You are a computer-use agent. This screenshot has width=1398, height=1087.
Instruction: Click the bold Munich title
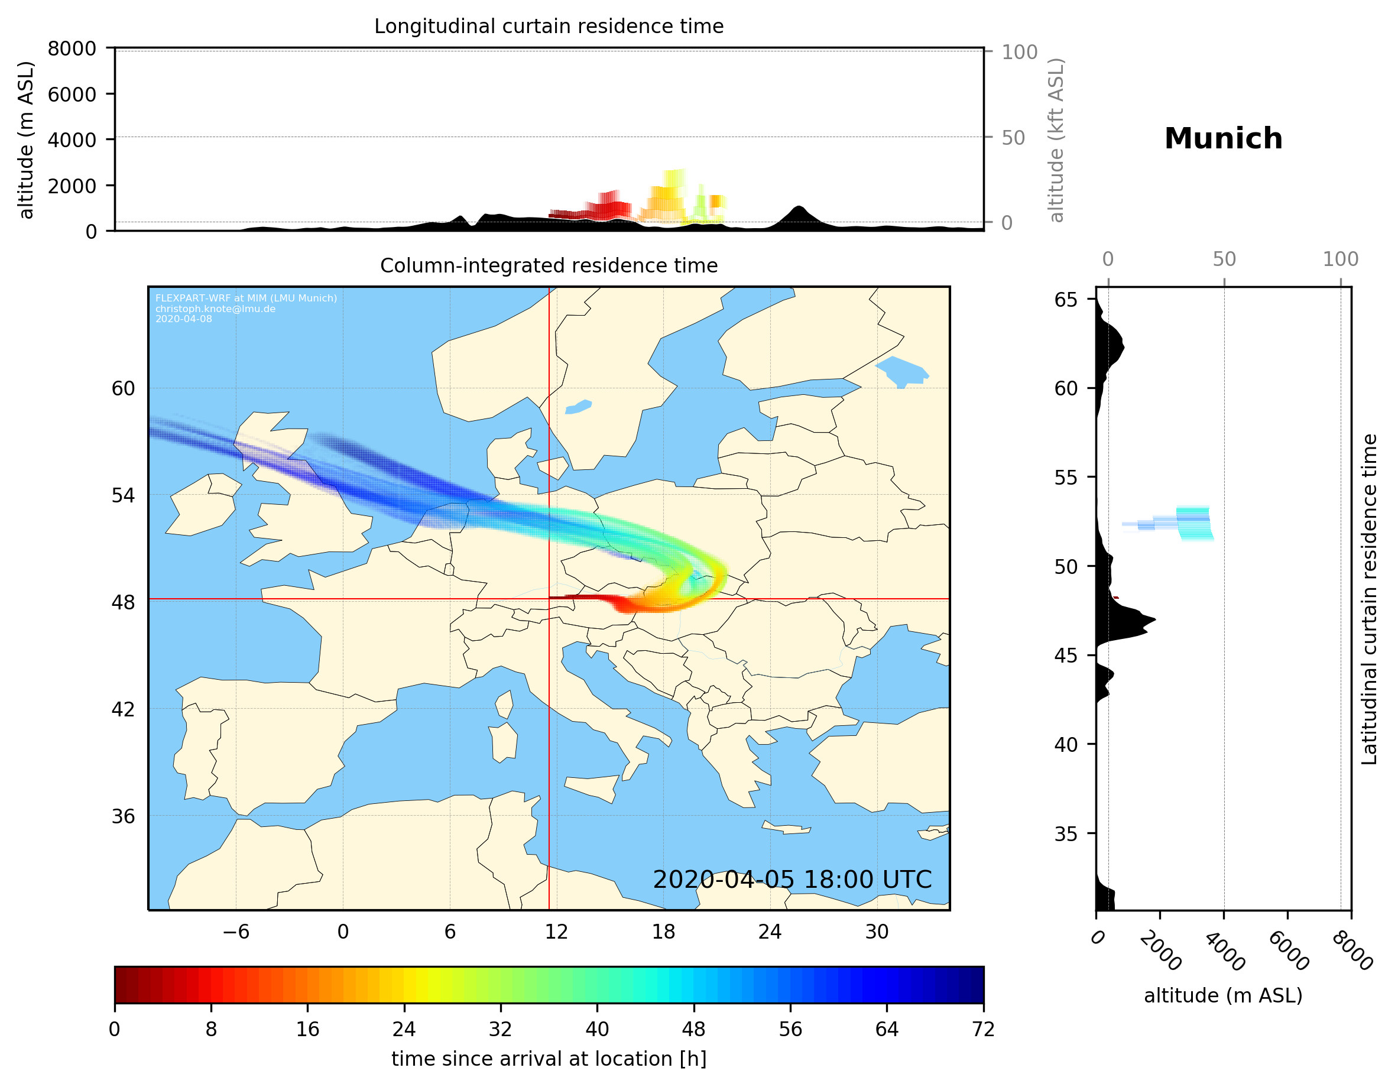click(1223, 139)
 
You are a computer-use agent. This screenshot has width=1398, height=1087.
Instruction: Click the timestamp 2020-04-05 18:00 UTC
click(792, 880)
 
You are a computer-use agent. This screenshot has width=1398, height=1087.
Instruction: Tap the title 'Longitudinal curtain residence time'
click(549, 26)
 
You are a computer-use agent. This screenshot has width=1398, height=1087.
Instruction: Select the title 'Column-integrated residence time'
click(549, 265)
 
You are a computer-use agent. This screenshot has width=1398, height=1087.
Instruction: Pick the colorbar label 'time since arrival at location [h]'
click(549, 1059)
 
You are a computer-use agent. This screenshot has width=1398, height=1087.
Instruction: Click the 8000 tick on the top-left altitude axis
click(72, 48)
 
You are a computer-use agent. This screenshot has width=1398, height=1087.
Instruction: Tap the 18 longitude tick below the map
click(663, 932)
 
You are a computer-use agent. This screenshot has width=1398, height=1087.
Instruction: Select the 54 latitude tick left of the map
click(123, 495)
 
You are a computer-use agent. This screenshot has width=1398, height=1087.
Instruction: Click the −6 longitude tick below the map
click(235, 932)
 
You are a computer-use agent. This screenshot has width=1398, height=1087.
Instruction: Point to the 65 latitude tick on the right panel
click(1066, 300)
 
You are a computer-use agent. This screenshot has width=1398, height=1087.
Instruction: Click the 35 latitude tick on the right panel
click(1066, 833)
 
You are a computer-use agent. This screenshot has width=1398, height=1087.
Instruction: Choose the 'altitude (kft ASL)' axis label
click(1056, 140)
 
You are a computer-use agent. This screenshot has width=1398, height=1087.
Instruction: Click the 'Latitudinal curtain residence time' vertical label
click(1368, 599)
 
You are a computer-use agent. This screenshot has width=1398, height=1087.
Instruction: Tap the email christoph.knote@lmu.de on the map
click(215, 309)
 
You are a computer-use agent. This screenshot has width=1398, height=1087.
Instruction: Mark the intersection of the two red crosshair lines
click(549, 599)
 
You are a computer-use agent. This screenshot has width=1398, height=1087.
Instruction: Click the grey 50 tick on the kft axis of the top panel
click(1013, 138)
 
